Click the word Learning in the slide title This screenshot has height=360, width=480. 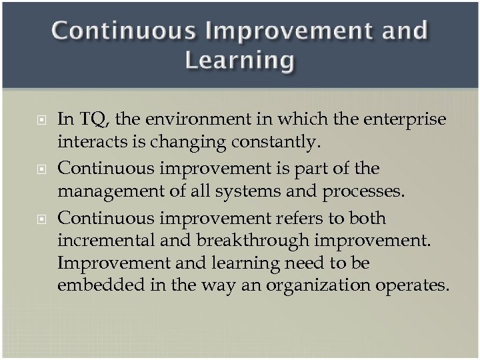(x=239, y=60)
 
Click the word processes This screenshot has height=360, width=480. (x=364, y=191)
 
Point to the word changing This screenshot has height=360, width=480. (x=178, y=141)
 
